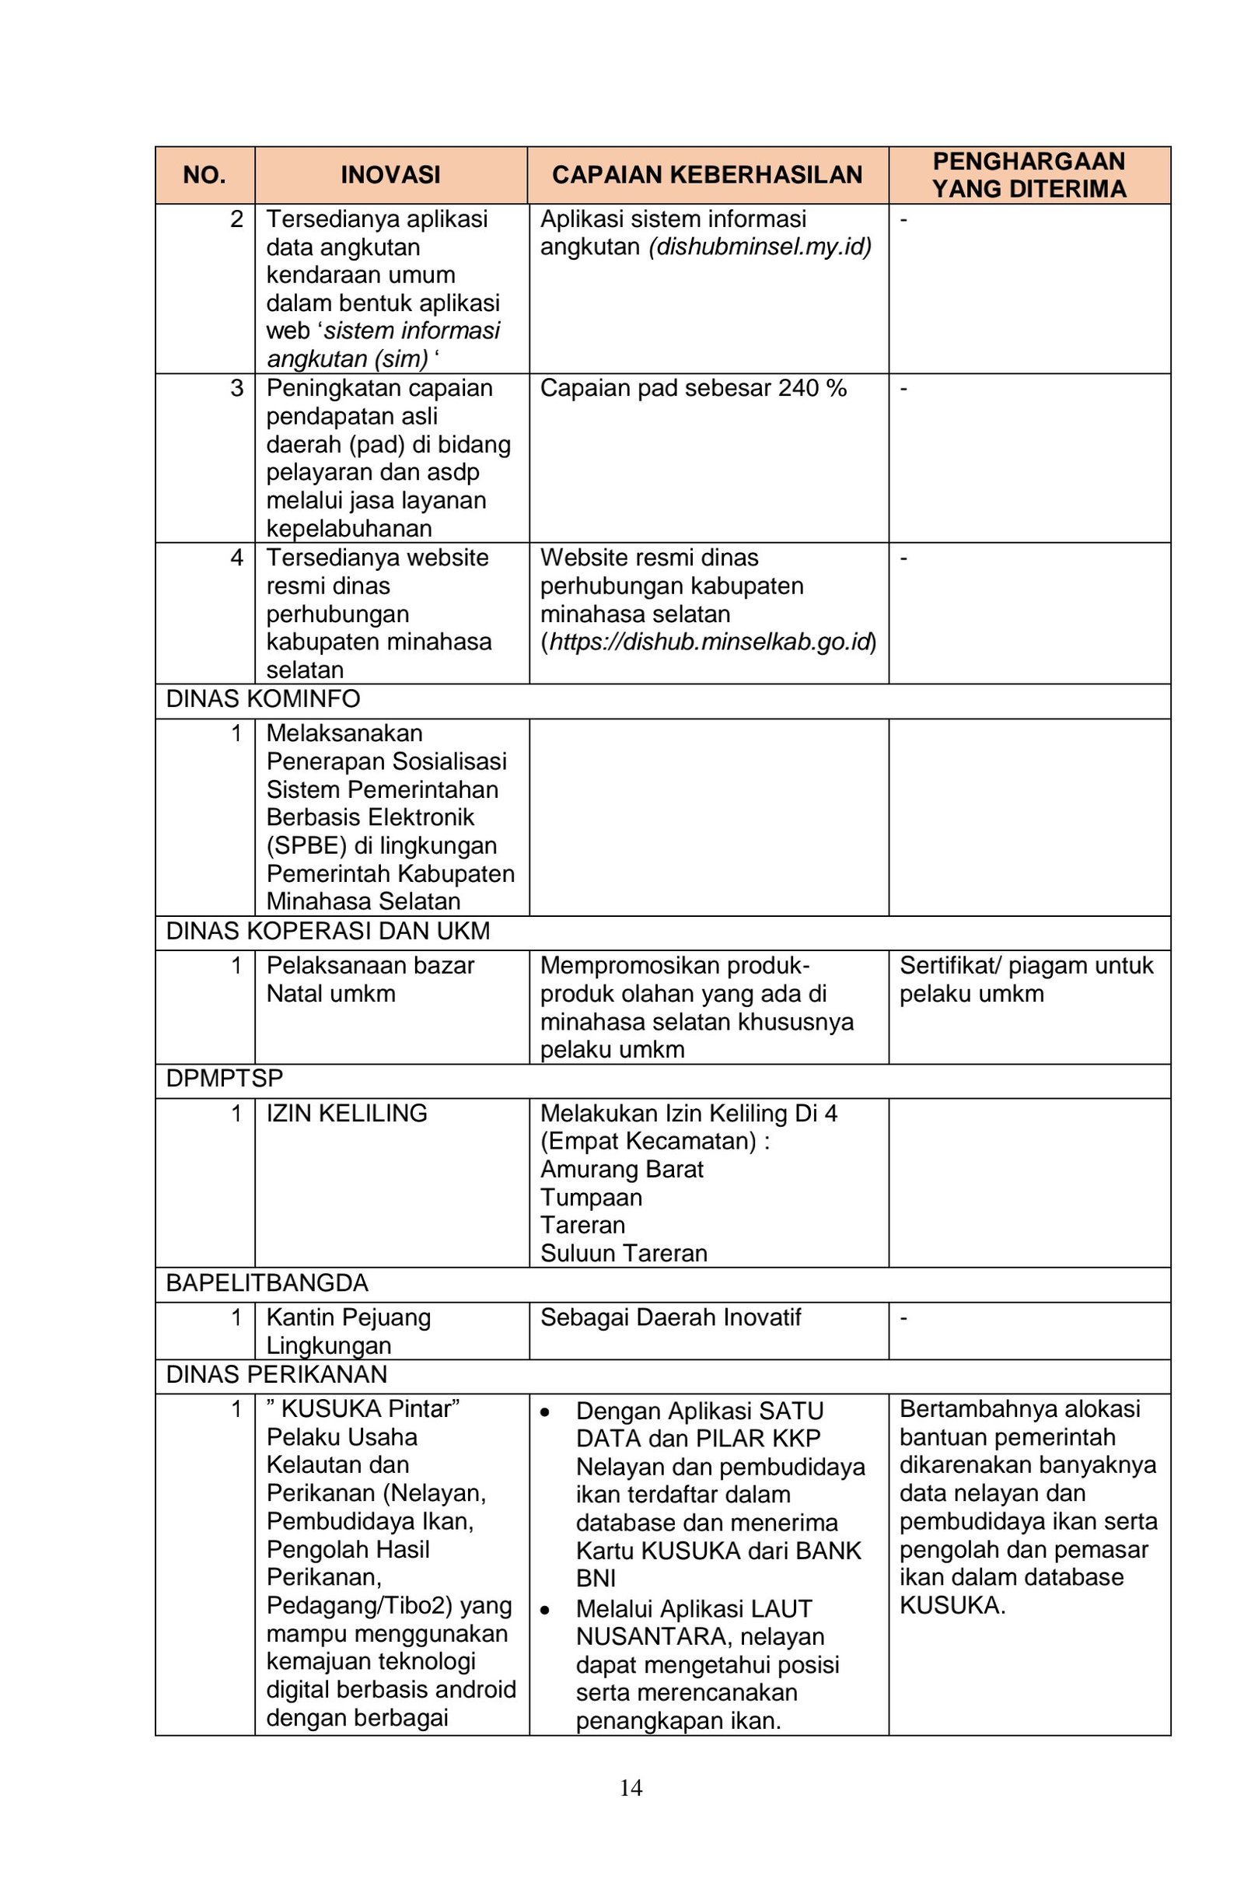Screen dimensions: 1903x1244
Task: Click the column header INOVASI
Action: [x=390, y=175]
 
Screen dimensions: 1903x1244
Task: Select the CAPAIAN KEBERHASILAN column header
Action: [x=707, y=175]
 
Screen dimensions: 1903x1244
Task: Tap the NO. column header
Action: [x=204, y=175]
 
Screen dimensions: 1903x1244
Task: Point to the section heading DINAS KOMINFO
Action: [x=263, y=699]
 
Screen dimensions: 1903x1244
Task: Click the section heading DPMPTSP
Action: [x=225, y=1078]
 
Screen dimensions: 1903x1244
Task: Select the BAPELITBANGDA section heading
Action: [x=267, y=1283]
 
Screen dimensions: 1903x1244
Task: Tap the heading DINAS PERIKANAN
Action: [x=277, y=1374]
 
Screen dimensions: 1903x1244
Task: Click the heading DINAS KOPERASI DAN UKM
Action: [x=328, y=931]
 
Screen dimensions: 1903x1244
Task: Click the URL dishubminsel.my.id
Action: [x=760, y=247]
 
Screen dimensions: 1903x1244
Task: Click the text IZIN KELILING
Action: [x=347, y=1113]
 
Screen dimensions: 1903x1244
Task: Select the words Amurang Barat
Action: [x=622, y=1169]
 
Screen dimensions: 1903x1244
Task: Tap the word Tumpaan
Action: [x=592, y=1197]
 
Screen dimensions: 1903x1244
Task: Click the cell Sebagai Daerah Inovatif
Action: [x=670, y=1317]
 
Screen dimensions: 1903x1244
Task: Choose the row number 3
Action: [x=236, y=389]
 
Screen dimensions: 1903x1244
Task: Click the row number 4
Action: [x=236, y=558]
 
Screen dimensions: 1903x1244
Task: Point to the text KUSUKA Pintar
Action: [x=369, y=1409]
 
